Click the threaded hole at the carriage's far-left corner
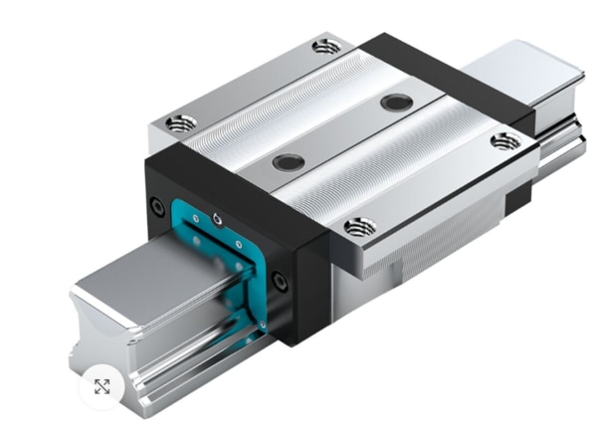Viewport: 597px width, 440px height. (180, 123)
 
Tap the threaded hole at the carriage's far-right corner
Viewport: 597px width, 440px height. (504, 140)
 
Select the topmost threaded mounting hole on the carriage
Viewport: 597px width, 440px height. (325, 46)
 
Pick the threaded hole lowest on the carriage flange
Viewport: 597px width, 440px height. (360, 227)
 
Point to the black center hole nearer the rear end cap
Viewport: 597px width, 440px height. (396, 102)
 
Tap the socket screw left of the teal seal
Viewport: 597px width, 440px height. (156, 208)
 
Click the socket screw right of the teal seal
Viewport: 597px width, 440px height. (282, 283)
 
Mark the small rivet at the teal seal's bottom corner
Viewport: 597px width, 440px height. (262, 324)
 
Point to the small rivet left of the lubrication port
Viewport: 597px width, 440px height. (196, 215)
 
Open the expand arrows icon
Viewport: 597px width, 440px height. (101, 386)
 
